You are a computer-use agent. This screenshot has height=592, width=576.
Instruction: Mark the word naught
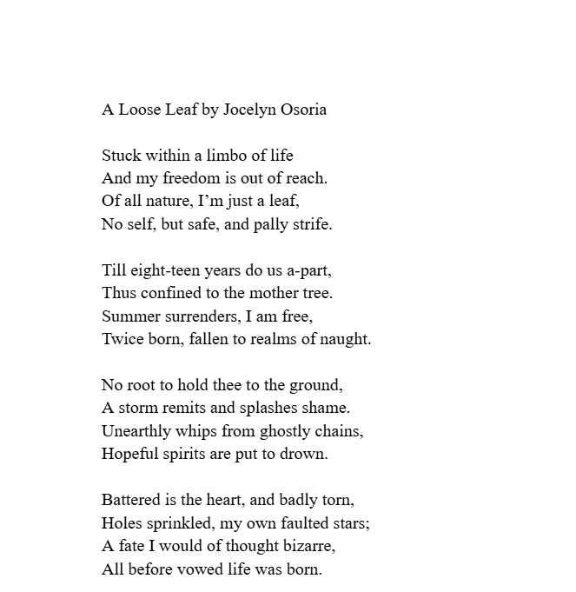tap(346, 338)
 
